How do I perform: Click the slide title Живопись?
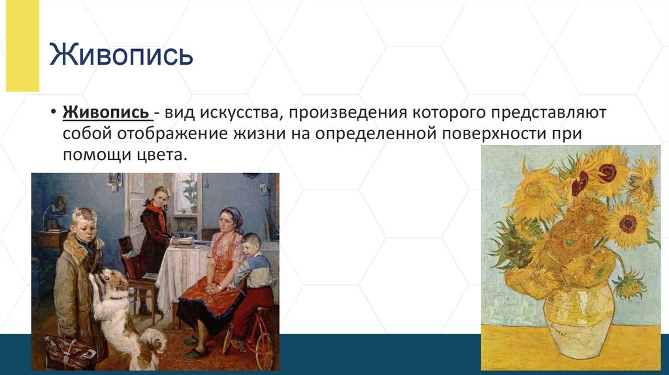tap(121, 55)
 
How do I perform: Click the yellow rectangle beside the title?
tap(23, 45)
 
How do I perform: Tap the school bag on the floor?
tap(71, 352)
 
